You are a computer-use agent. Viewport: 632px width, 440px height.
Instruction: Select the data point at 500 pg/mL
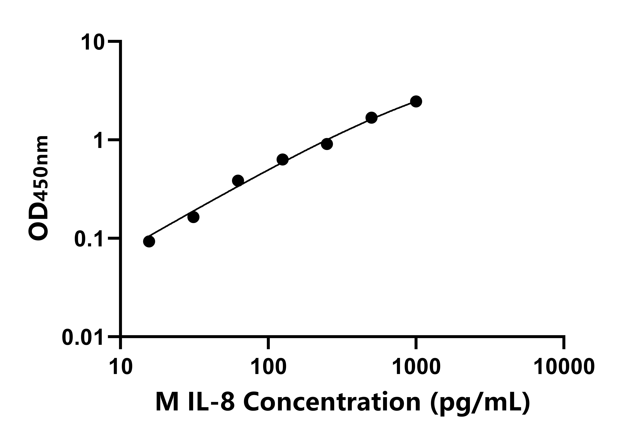coord(371,118)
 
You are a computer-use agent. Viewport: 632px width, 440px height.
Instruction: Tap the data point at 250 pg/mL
coord(327,144)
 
